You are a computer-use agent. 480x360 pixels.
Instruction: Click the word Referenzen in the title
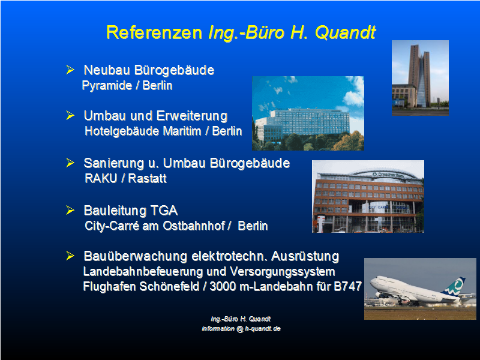click(x=154, y=32)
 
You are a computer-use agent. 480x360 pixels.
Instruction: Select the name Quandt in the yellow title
click(x=345, y=32)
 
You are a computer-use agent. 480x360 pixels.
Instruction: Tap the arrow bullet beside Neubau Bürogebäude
click(x=70, y=70)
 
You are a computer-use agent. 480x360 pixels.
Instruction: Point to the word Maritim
click(x=182, y=131)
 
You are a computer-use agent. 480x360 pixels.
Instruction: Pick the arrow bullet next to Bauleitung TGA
click(x=70, y=211)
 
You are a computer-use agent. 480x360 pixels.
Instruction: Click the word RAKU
click(x=101, y=178)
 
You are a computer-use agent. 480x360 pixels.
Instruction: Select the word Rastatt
click(x=147, y=178)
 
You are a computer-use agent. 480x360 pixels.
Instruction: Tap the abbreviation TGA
click(x=164, y=211)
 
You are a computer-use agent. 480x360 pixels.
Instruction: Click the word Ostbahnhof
click(x=194, y=226)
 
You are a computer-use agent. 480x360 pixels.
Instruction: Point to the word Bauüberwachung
click(x=136, y=256)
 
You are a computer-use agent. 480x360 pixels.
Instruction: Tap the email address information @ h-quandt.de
click(x=241, y=328)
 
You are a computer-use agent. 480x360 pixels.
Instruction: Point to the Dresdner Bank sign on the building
click(x=388, y=175)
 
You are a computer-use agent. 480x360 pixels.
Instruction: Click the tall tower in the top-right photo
click(x=419, y=76)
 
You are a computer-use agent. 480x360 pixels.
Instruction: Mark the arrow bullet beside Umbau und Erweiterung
click(x=70, y=115)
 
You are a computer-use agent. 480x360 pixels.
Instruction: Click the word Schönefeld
click(x=169, y=287)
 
